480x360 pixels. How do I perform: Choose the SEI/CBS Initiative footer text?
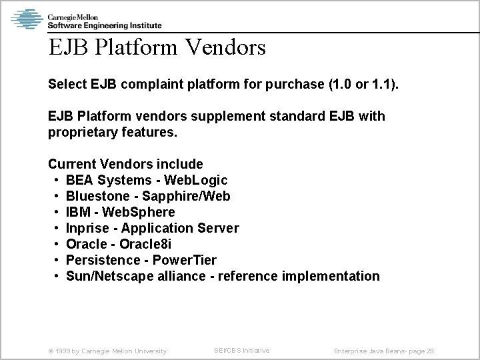tap(241, 350)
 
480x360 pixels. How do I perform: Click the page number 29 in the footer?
tap(430, 351)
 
